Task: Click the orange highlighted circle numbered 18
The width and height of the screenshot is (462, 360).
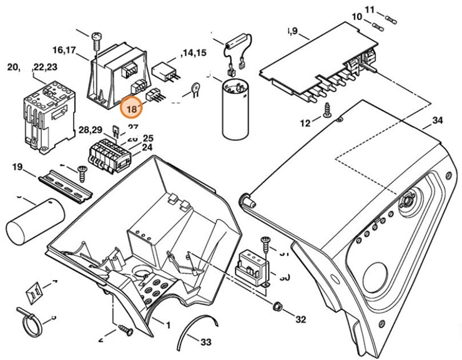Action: (132, 109)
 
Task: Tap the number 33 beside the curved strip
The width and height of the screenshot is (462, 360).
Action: (205, 342)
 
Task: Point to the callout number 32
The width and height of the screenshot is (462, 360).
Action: (300, 319)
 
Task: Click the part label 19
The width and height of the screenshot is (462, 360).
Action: (17, 167)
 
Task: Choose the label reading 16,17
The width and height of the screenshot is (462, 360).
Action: (65, 49)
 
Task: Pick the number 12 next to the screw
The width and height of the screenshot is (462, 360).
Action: (305, 123)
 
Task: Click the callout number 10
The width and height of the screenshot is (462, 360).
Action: (356, 16)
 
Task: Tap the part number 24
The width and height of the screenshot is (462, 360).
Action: (147, 148)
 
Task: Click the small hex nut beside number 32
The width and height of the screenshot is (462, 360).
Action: (277, 306)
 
